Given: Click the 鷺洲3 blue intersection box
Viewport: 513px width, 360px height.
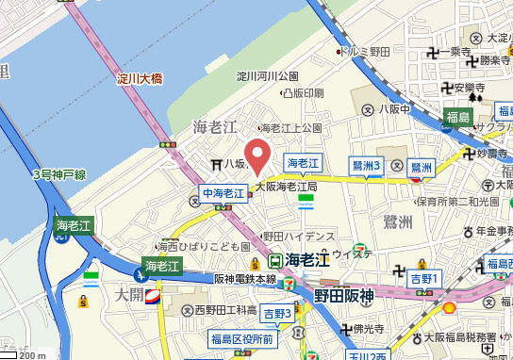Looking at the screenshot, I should [366, 166].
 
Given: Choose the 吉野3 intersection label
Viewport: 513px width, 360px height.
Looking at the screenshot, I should [277, 313].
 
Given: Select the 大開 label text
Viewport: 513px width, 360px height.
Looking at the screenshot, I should [127, 295].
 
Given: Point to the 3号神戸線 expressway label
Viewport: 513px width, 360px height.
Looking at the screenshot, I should [58, 174].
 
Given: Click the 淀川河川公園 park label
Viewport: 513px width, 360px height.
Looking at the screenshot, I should [267, 75].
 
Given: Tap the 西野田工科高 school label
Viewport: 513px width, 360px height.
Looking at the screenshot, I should [225, 310].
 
